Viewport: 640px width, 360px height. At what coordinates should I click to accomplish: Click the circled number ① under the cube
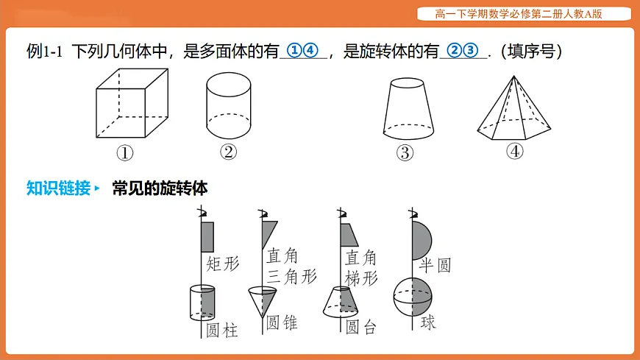click(124, 153)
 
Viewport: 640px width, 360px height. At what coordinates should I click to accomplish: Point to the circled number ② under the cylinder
click(228, 152)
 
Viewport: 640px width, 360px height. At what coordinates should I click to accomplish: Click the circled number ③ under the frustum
click(404, 153)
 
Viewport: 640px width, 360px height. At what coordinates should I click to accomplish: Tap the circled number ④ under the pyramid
click(514, 151)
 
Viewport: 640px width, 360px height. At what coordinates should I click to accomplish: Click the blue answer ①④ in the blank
click(304, 51)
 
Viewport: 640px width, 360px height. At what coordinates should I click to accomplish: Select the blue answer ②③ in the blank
click(463, 51)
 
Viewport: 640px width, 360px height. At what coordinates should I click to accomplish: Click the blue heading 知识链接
click(58, 188)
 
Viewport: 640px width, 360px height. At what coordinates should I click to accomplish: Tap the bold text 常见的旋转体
click(160, 188)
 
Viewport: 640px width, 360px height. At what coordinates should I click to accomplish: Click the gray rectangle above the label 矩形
click(207, 237)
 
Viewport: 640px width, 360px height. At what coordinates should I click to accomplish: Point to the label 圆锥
click(282, 322)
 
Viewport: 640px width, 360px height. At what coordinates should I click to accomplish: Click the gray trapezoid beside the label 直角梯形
click(349, 235)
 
